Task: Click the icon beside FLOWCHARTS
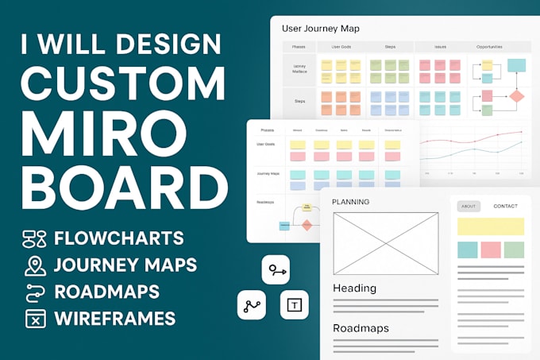tap(34, 238)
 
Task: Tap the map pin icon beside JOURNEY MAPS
tap(34, 265)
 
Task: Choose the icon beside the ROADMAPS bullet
tap(34, 292)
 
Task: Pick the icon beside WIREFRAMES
tap(34, 319)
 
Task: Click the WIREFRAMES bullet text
tap(114, 319)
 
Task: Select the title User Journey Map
tap(321, 29)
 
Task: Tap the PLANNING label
tap(350, 202)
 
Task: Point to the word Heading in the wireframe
tap(354, 288)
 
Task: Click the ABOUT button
tap(469, 206)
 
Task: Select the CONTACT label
tap(505, 206)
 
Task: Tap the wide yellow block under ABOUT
tap(491, 226)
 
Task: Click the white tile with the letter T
tap(295, 304)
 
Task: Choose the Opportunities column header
tap(489, 47)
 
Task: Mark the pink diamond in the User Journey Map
tap(516, 98)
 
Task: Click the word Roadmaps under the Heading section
tap(361, 327)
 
